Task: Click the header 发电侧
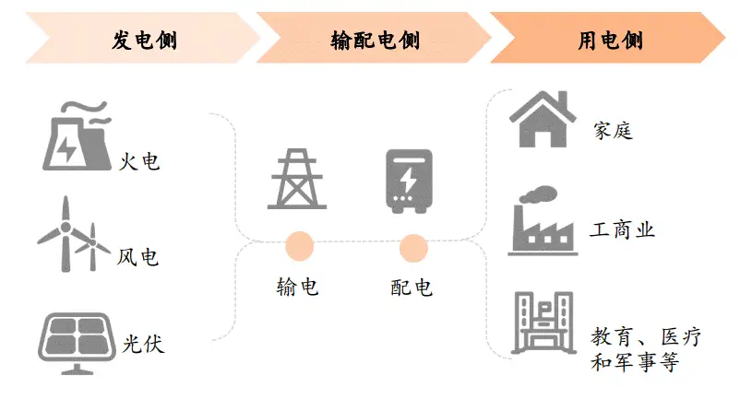pos(144,41)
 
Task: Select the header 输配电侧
pos(374,41)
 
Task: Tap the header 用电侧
pos(610,41)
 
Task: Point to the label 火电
pos(139,162)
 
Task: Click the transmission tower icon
pos(296,180)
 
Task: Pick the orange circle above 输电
pos(300,246)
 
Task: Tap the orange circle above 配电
pos(412,246)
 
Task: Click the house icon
pos(543,119)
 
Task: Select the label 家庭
pos(614,130)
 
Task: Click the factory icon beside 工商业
pos(543,220)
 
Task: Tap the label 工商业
pos(623,230)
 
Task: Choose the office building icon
pos(543,324)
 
